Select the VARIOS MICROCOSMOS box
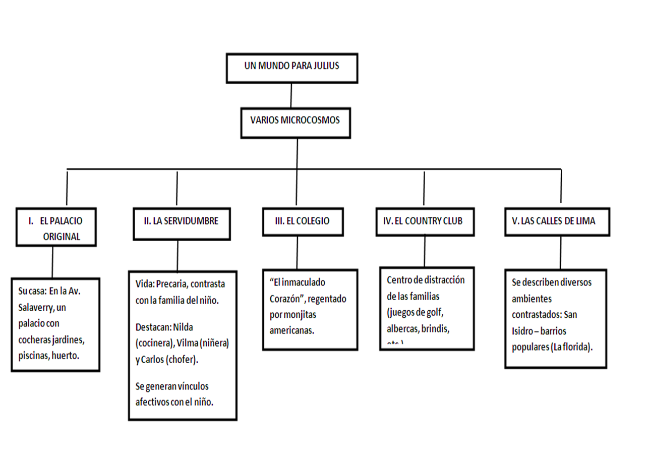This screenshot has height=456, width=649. pyautogui.click(x=295, y=121)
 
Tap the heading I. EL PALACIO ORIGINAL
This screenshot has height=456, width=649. pyautogui.click(x=55, y=227)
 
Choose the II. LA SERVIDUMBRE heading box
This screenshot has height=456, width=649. pyautogui.click(x=181, y=221)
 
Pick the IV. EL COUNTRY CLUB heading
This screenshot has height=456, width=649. pyautogui.click(x=425, y=221)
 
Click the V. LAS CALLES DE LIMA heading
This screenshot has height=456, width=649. pyautogui.click(x=557, y=221)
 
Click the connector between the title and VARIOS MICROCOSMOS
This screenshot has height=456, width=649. pyautogui.click(x=291, y=95)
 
